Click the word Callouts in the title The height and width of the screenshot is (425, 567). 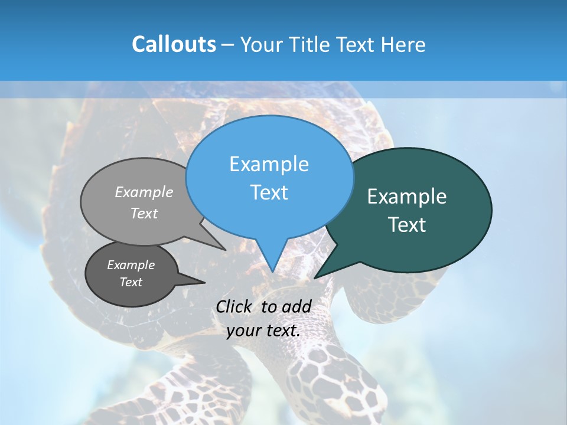tap(174, 44)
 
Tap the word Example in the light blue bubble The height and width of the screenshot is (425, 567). tap(269, 164)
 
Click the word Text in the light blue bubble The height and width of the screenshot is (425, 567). tap(269, 192)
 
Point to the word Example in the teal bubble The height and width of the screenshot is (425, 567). tap(407, 197)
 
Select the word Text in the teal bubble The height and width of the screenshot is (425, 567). tap(407, 225)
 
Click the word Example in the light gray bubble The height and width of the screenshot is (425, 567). tap(144, 192)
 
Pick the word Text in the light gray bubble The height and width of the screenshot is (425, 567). tap(144, 213)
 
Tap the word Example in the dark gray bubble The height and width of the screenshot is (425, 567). tap(131, 265)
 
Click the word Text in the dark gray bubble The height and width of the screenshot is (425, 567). tap(131, 282)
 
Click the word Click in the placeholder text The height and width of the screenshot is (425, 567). tap(234, 306)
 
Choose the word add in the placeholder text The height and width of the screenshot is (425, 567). tap(296, 306)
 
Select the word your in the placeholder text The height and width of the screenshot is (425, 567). tap(243, 330)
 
